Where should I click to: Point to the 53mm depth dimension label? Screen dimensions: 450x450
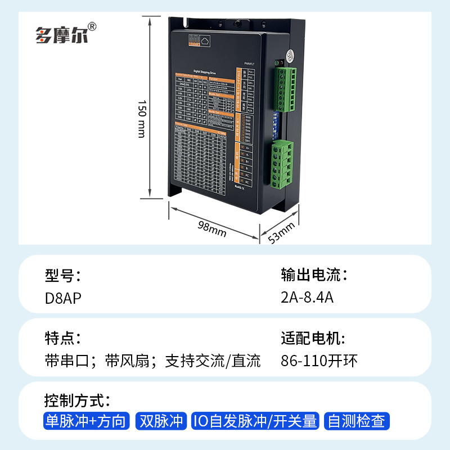coord(281,233)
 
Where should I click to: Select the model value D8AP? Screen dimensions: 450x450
coord(63,298)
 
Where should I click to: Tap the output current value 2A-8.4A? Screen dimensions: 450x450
coord(307,298)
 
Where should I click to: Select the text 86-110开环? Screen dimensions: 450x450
coord(319,361)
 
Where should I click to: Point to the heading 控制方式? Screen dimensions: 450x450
coord(77,401)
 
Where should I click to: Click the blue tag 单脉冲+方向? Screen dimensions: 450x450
coord(86,421)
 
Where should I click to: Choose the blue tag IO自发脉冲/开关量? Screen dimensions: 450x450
coord(255,421)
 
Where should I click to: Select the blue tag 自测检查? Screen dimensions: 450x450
coord(357,421)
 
